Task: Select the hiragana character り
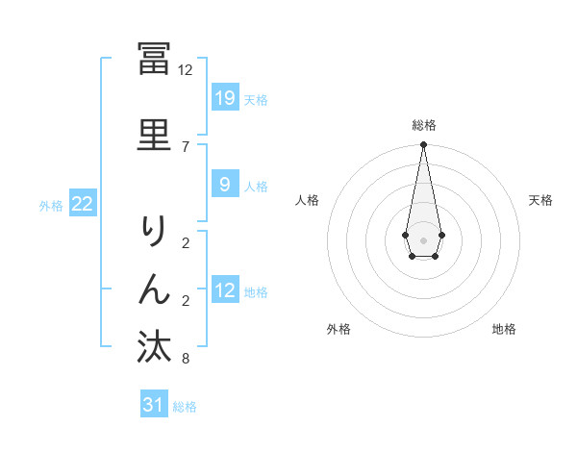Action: [x=154, y=231]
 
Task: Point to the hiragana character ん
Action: [x=154, y=289]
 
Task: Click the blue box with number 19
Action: [x=224, y=98]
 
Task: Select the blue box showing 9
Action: [x=224, y=185]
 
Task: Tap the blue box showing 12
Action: [x=224, y=290]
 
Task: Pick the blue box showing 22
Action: [x=82, y=204]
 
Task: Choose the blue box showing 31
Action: [x=154, y=405]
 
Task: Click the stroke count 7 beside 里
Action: [x=185, y=146]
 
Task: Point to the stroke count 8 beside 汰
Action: [x=185, y=359]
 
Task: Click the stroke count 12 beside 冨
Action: [x=185, y=69]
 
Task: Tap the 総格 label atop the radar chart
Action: [x=423, y=125]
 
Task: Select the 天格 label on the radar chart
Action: [x=541, y=200]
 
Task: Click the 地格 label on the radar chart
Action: [x=504, y=329]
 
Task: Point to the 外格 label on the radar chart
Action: [x=339, y=329]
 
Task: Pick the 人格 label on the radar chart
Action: [x=307, y=200]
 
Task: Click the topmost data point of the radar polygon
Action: [x=423, y=145]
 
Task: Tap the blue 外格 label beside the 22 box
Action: [x=51, y=205]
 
